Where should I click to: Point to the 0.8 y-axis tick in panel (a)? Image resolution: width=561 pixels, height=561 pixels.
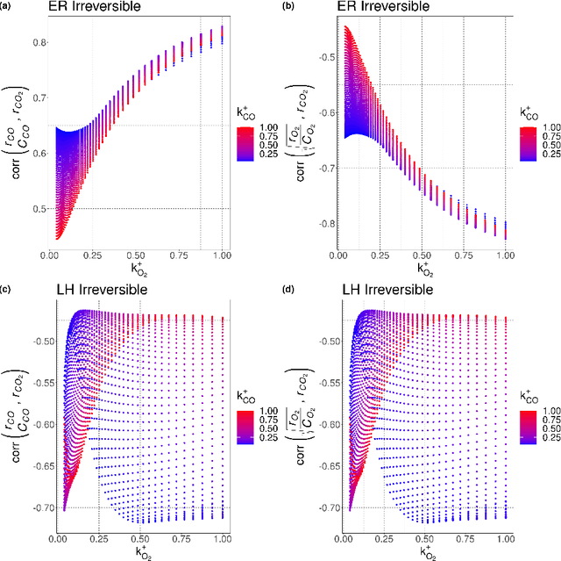[x=34, y=40]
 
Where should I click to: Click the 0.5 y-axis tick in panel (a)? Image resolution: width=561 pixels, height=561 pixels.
[x=34, y=209]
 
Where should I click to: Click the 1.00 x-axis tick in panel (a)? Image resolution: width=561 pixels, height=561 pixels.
[x=221, y=254]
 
